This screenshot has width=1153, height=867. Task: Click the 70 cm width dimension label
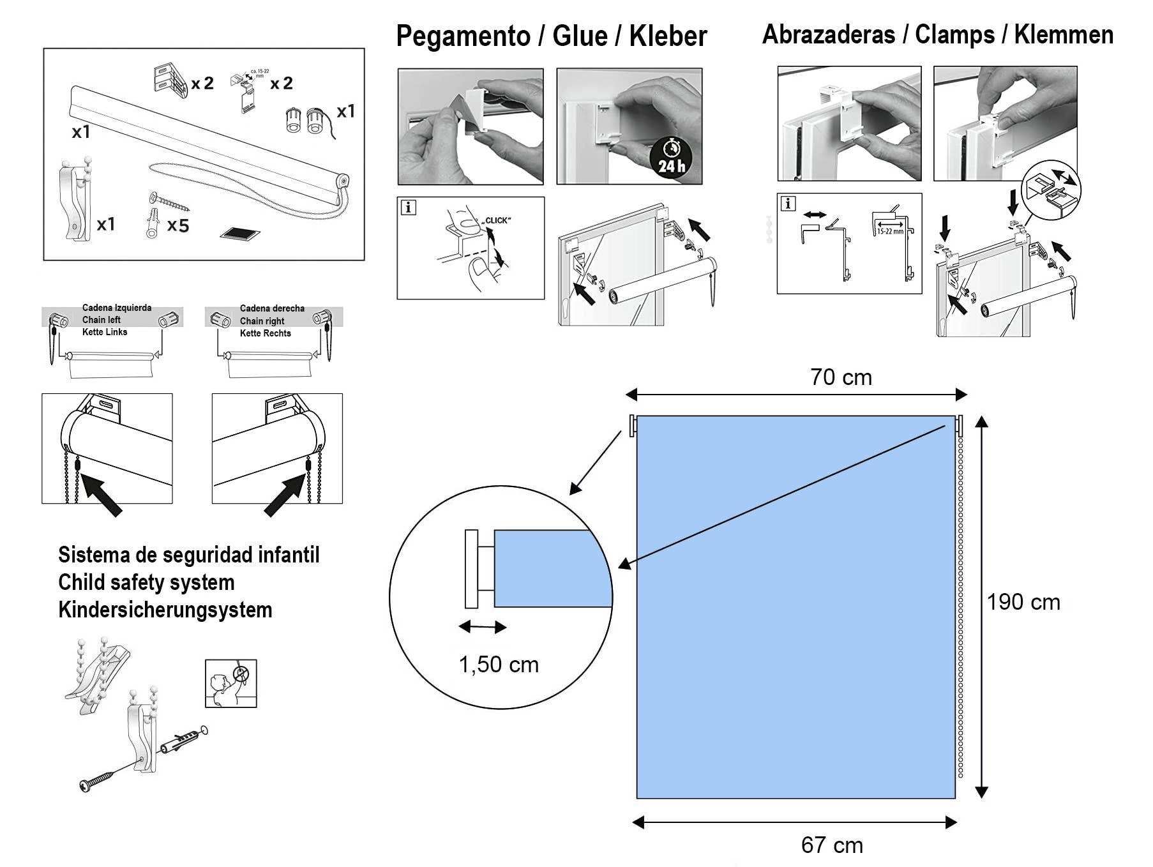point(841,377)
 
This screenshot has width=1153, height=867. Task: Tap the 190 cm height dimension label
point(1023,602)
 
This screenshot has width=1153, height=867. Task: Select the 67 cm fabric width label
point(832,845)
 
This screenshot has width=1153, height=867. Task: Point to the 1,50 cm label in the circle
point(499,665)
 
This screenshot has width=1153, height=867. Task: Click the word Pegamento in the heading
point(463,36)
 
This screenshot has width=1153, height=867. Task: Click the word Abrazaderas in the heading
point(828,34)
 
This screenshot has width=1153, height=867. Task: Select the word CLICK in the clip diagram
point(497,221)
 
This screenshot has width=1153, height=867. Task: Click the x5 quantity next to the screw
point(178,226)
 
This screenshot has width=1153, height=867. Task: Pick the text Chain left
point(102,320)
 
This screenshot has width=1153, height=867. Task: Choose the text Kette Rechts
point(265,333)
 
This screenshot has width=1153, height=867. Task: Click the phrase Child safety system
point(146,582)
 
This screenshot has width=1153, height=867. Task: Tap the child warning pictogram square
point(230,683)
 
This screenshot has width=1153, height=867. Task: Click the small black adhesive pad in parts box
point(240,234)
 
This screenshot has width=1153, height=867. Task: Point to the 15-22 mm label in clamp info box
point(890,231)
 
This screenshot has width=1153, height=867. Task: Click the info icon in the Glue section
point(408,207)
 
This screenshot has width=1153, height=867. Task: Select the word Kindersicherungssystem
point(165,610)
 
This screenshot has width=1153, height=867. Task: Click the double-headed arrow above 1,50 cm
point(483,627)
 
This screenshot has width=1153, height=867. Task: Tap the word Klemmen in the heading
point(1064,34)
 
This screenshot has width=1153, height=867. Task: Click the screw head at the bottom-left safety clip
point(87,785)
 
